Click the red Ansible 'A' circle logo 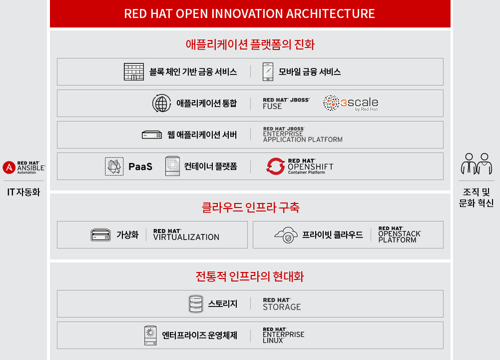9,167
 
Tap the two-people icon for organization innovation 477,163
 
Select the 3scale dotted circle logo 331,103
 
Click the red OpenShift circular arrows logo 276,166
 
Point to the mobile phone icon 268,72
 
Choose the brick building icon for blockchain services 133,71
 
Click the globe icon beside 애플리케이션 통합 162,103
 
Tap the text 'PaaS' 140,166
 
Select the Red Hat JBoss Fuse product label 286,103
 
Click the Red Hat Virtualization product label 186,234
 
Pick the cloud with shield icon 286,235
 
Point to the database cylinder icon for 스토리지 196,304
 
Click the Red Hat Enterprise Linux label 284,335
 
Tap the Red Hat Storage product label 282,304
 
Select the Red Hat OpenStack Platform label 400,234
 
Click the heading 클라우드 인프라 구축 250,207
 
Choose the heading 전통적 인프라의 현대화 250,276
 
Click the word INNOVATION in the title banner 247,13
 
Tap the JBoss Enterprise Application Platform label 303,134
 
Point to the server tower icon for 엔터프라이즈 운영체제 150,335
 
